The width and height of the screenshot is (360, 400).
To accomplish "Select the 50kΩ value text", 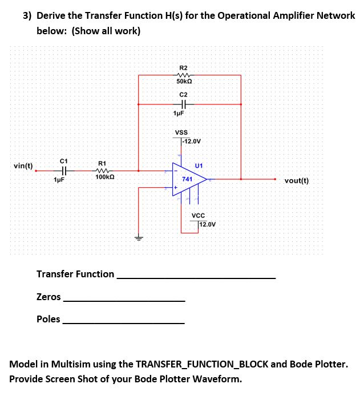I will [x=184, y=83].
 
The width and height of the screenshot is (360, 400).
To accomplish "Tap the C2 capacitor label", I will [x=183, y=94].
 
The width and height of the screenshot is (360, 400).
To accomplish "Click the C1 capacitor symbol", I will [x=64, y=170].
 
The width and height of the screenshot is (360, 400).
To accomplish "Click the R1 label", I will [x=102, y=162].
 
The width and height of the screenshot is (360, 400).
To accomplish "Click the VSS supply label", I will [x=181, y=132].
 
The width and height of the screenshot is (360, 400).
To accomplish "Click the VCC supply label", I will [x=198, y=215].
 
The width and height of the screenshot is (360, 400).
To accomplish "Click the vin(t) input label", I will [x=23, y=166].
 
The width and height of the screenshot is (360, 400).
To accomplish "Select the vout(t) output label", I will [x=297, y=180].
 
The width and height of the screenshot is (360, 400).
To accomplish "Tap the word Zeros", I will [x=48, y=297].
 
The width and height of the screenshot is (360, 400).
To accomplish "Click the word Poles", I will [x=48, y=319].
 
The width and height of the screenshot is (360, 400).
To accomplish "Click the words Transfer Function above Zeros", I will [x=75, y=274].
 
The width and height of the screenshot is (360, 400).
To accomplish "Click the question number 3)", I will [x=27, y=15].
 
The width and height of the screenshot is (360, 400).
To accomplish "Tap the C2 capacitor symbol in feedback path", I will [x=183, y=104].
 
